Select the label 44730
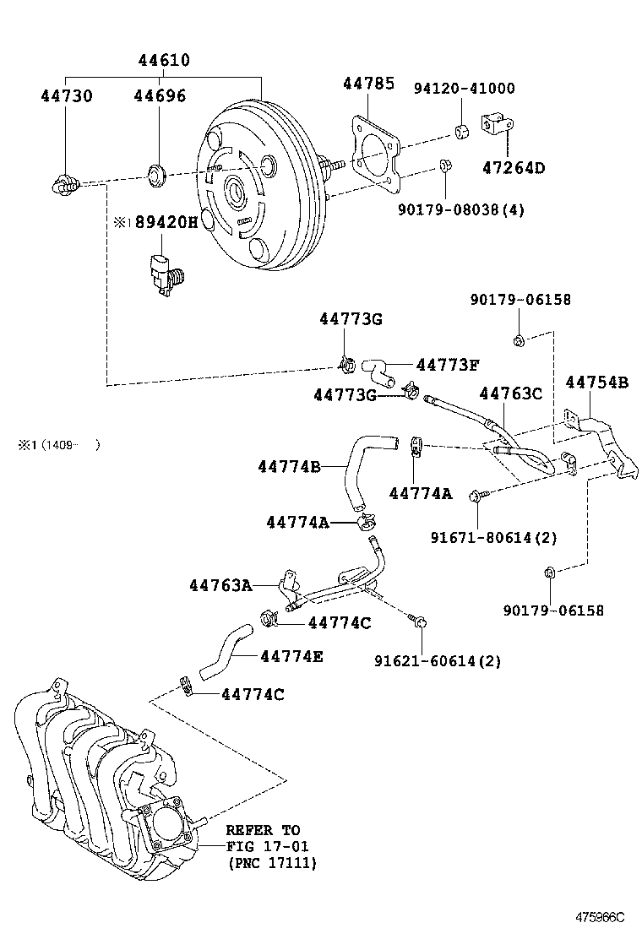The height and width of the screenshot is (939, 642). (x=67, y=96)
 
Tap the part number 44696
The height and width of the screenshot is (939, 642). (x=160, y=96)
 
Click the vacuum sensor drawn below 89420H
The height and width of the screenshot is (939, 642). (x=162, y=270)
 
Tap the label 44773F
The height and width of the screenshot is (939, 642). (x=448, y=365)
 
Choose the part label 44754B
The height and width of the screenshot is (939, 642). (x=596, y=383)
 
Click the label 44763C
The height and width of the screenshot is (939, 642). (x=510, y=394)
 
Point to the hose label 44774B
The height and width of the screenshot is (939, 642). (x=289, y=465)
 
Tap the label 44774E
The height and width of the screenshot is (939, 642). (x=291, y=656)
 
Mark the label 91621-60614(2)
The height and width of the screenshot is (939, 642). (x=438, y=661)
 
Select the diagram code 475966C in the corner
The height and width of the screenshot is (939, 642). (x=600, y=917)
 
